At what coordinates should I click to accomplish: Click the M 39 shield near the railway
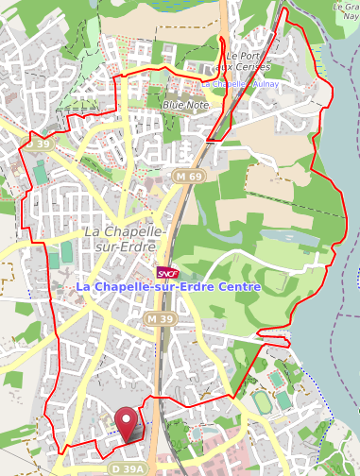[x=159, y=320]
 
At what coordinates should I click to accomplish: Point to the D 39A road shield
[x=127, y=468]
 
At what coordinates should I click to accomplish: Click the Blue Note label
[x=186, y=105]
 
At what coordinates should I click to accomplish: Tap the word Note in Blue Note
[x=199, y=105]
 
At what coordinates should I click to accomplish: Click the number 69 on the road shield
[x=195, y=177]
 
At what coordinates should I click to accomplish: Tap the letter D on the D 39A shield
[x=113, y=468]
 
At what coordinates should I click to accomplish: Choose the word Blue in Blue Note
[x=174, y=105]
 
